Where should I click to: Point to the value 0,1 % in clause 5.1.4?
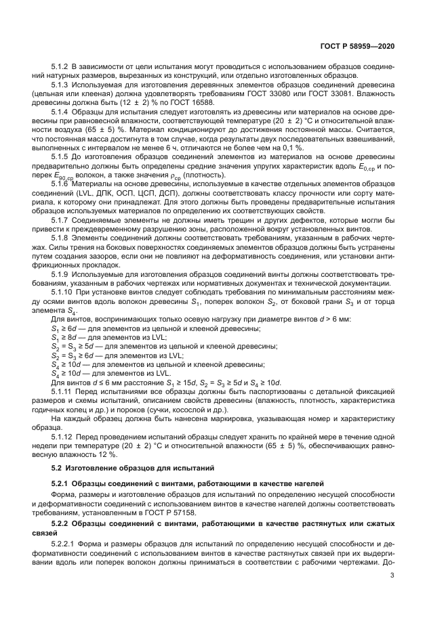292,147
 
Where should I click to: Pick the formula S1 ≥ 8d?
64,336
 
